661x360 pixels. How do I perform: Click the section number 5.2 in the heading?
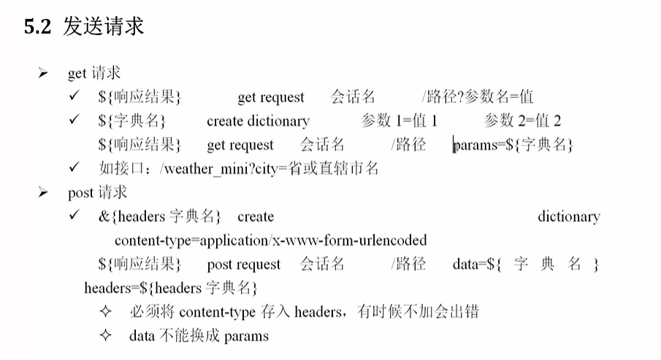[x=37, y=26]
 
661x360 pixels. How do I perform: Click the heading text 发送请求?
[x=104, y=26]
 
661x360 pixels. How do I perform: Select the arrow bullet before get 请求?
[x=42, y=73]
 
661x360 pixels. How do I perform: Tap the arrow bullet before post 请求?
[x=42, y=193]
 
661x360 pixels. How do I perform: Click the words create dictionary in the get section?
[x=258, y=121]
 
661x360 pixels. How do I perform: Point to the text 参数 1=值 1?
[x=399, y=121]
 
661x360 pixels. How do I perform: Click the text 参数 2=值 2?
[x=522, y=121]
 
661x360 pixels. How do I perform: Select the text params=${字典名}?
[x=513, y=145]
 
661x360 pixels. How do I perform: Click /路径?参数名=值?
[x=478, y=97]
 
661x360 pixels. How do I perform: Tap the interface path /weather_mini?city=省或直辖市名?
[x=269, y=169]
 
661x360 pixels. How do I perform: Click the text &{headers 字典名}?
[x=159, y=217]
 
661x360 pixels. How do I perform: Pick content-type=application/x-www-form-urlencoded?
[x=271, y=240]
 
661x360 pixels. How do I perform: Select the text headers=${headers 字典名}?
[x=171, y=288]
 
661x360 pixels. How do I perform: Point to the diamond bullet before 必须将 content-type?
[x=105, y=312]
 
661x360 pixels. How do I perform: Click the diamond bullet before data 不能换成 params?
[x=105, y=336]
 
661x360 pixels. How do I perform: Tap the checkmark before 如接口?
[x=74, y=167]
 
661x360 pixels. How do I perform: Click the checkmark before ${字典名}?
[x=74, y=120]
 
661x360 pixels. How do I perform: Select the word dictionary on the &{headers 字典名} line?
[x=569, y=217]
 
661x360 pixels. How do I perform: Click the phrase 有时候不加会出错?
[x=418, y=312]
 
